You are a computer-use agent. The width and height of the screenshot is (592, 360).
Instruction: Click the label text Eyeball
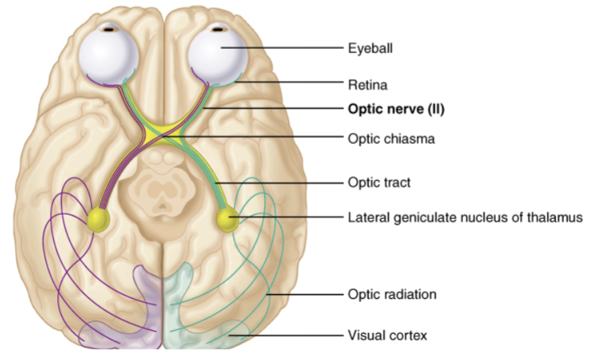coord(370,49)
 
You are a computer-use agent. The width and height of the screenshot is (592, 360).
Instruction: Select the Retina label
coord(368,84)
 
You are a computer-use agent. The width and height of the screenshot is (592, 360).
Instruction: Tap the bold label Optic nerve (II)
coord(396,109)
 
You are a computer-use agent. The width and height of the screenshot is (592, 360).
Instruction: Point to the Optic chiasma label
coord(391,139)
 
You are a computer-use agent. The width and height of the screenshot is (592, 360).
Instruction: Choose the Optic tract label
coord(379,182)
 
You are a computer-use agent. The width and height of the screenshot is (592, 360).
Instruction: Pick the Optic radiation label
coord(392,294)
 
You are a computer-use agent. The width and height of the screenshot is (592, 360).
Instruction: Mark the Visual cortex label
coord(387,335)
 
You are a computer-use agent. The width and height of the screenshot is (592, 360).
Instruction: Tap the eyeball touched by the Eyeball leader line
coord(218,55)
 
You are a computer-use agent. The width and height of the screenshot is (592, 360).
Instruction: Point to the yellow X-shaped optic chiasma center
coord(161,133)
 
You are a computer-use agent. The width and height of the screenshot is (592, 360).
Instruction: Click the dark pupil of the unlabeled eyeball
coord(109,29)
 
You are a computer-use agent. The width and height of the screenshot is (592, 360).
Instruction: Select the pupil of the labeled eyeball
coord(218,29)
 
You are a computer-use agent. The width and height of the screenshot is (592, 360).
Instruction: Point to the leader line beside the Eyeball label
coord(282,48)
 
